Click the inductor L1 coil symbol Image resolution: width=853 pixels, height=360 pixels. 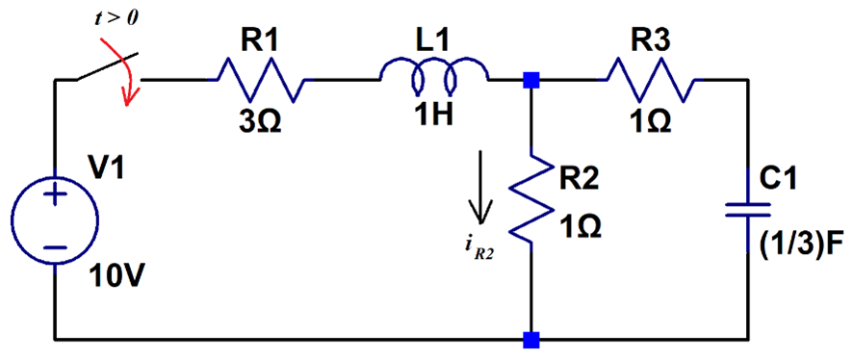pos(434,73)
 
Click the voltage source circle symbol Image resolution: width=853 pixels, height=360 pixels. pos(55,220)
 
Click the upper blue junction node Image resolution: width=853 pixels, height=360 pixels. pos(529,81)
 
